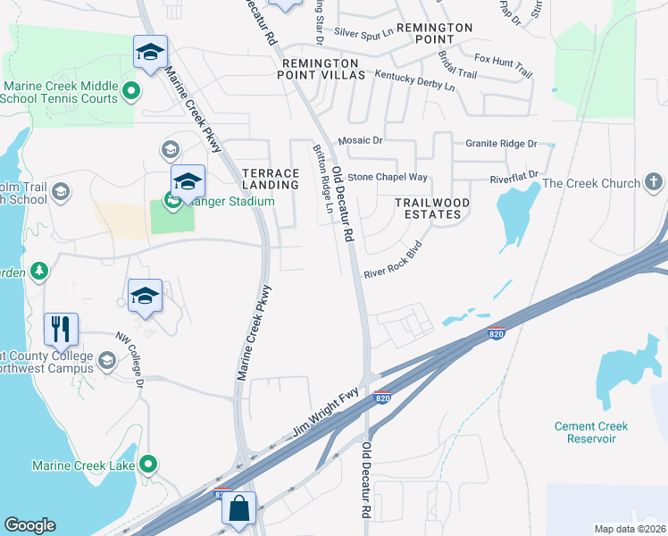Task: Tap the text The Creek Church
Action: [x=591, y=184]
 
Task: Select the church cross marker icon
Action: [x=654, y=184]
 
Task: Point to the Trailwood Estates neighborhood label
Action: [x=432, y=209]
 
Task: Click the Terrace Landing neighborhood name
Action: [x=271, y=179]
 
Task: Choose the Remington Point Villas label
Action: [x=323, y=70]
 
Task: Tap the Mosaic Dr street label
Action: [x=360, y=141]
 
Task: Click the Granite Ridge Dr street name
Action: [x=501, y=143]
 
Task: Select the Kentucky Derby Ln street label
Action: [x=414, y=81]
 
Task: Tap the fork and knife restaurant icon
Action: [x=61, y=330]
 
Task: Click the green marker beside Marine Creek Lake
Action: [x=149, y=465]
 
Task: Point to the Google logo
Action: [x=29, y=525]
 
